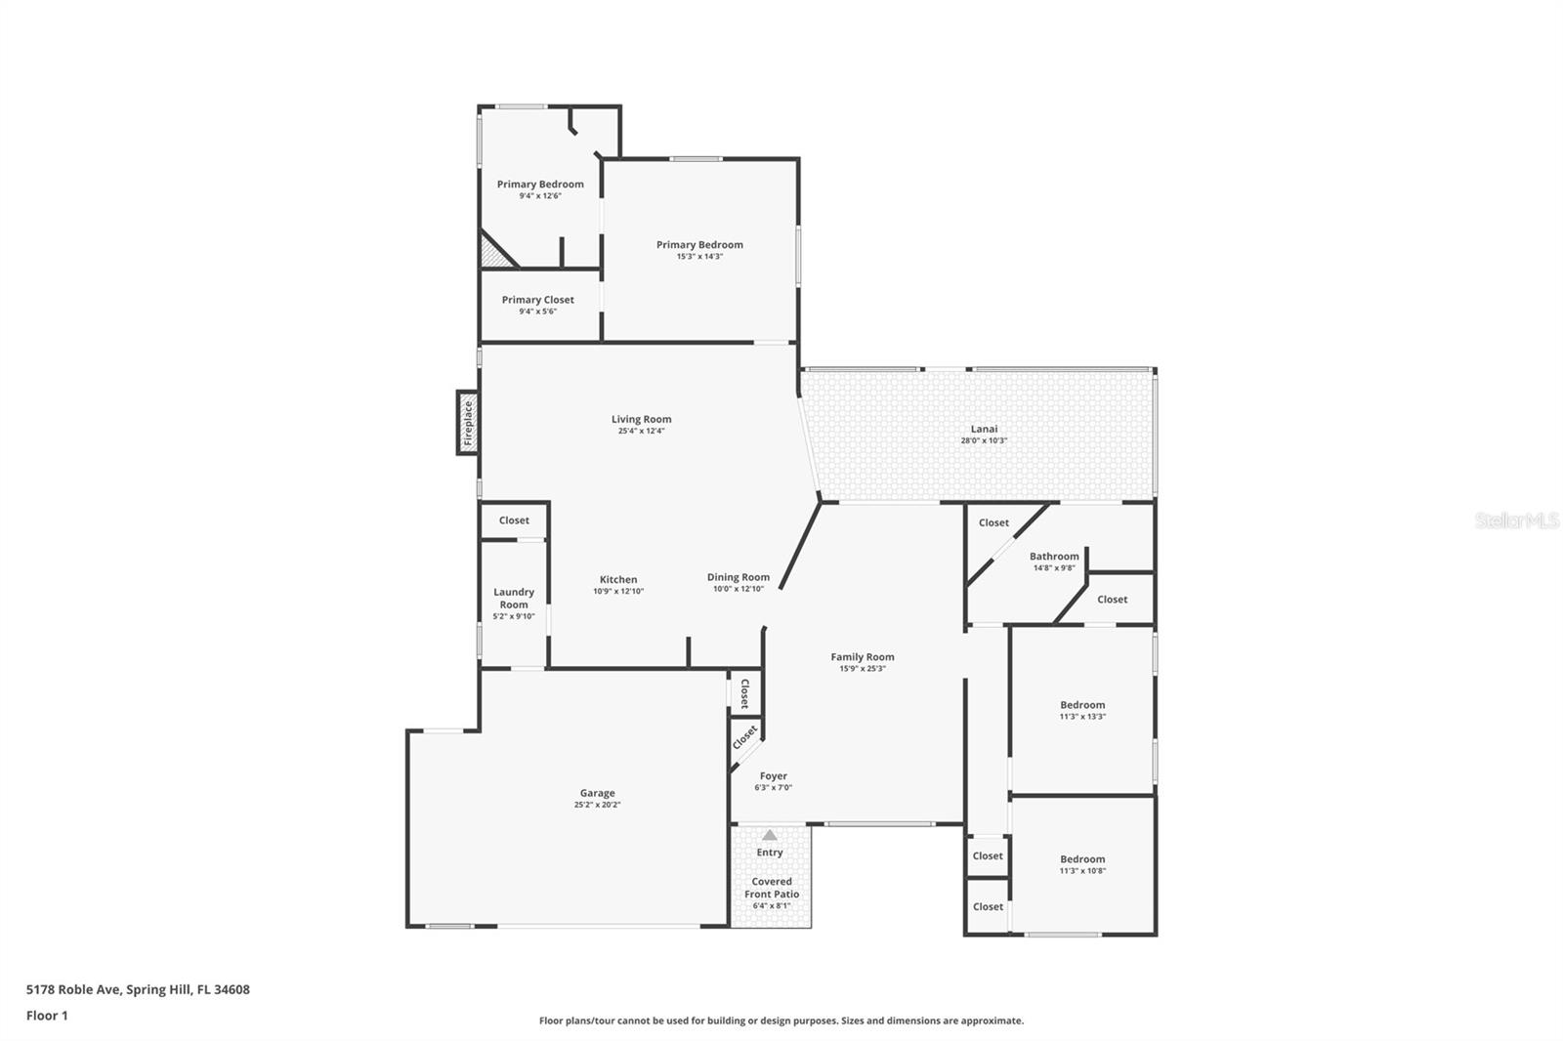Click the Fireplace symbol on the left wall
pyautogui.click(x=468, y=423)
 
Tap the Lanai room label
pyautogui.click(x=984, y=429)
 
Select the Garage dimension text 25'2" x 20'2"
pyautogui.click(x=597, y=806)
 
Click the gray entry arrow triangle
pyautogui.click(x=770, y=835)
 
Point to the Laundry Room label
pyautogui.click(x=514, y=598)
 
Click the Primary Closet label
pyautogui.click(x=538, y=300)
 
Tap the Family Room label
pyautogui.click(x=863, y=657)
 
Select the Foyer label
pyautogui.click(x=773, y=776)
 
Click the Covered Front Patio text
pyautogui.click(x=772, y=888)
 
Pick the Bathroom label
pyautogui.click(x=1054, y=557)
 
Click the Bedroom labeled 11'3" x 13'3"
pyautogui.click(x=1082, y=705)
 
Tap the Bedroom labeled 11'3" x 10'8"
pyautogui.click(x=1082, y=859)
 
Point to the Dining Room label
pyautogui.click(x=739, y=577)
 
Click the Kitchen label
pyautogui.click(x=618, y=579)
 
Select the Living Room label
pyautogui.click(x=642, y=419)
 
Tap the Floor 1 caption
pyautogui.click(x=47, y=1016)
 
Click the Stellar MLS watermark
pyautogui.click(x=1516, y=520)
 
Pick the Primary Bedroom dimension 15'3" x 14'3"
pyautogui.click(x=699, y=257)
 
